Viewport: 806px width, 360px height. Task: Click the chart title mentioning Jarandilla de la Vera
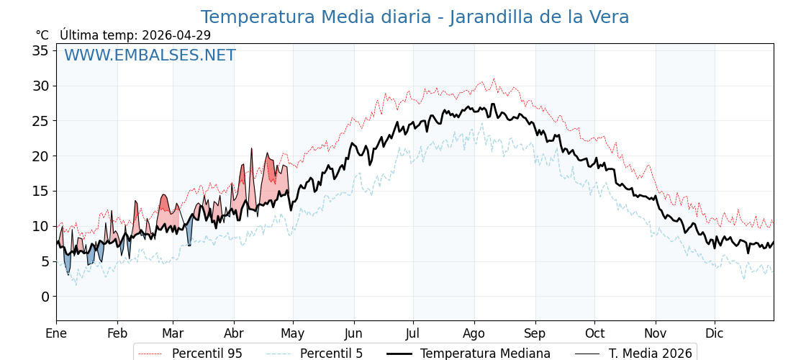[x=415, y=17]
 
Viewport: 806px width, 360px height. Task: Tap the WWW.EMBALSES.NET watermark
[x=150, y=55]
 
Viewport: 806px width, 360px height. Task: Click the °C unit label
[x=42, y=35]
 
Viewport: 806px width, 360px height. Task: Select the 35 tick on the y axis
[x=40, y=50]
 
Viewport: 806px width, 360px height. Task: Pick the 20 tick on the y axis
[x=40, y=156]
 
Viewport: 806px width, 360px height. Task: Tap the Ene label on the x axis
[x=56, y=333]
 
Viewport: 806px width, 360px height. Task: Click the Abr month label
[x=234, y=333]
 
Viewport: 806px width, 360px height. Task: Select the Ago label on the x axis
[x=474, y=334]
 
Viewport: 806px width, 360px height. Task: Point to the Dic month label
[x=715, y=333]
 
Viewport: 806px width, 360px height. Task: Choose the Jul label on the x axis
[x=413, y=333]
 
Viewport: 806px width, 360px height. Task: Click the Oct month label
[x=594, y=333]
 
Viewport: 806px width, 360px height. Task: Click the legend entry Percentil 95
[x=191, y=354]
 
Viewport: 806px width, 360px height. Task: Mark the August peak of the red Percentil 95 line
[x=494, y=78]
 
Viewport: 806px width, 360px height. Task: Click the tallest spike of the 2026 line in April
[x=251, y=148]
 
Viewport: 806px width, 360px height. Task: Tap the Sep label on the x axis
[x=535, y=334]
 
